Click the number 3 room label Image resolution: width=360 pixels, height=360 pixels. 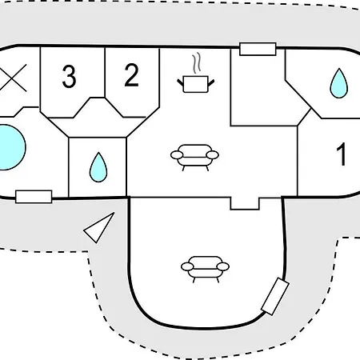(x=69, y=77)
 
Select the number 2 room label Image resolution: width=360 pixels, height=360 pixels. (x=131, y=75)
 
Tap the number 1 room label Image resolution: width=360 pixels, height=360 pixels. (x=341, y=154)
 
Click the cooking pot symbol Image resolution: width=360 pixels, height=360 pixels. (x=196, y=84)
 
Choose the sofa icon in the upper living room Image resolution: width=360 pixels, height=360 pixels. (x=194, y=158)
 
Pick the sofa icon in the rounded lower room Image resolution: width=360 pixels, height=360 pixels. (x=205, y=269)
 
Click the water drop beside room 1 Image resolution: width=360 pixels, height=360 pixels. (x=339, y=84)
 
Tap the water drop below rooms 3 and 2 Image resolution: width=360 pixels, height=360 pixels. (x=98, y=168)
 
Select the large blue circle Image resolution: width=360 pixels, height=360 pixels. (x=10, y=147)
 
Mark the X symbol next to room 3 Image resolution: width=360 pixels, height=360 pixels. (x=14, y=78)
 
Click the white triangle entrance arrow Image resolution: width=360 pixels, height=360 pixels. (x=99, y=227)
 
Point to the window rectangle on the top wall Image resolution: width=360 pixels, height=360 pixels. (x=258, y=49)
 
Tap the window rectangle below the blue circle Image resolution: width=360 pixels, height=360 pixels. (x=34, y=197)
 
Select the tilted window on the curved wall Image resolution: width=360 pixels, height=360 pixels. (x=275, y=296)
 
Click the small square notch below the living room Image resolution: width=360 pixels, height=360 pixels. (x=245, y=203)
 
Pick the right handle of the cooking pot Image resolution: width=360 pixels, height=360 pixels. (x=211, y=83)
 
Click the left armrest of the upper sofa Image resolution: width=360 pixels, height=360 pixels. (x=177, y=155)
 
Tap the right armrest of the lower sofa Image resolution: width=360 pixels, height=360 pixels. (x=223, y=266)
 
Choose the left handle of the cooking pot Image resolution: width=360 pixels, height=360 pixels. (x=181, y=83)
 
